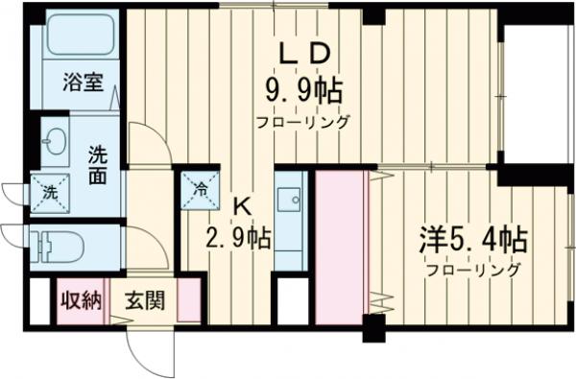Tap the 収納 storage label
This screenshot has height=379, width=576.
tap(81, 300)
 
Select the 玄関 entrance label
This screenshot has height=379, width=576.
tap(143, 300)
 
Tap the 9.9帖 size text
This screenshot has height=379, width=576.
tap(304, 94)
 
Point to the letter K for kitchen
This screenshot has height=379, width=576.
tap(242, 203)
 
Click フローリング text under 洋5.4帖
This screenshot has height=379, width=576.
tap(474, 271)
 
